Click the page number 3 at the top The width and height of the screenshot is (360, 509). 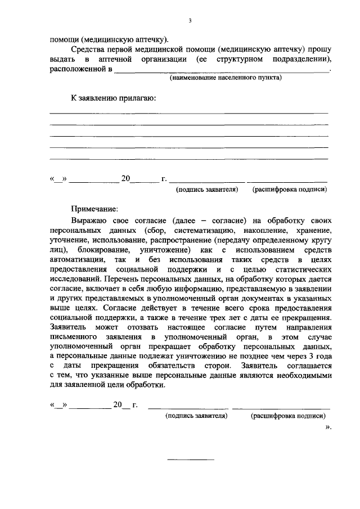190,21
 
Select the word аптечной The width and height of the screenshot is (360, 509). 115,59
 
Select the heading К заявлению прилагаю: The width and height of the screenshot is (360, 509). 113,98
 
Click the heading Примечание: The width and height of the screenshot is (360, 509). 94,208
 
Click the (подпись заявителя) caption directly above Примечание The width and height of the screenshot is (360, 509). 206,190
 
